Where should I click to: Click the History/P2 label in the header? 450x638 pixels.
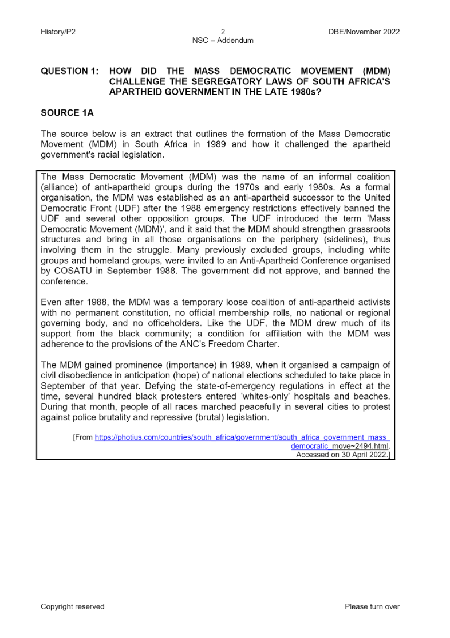[x=58, y=32]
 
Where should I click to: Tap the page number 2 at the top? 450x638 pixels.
[x=223, y=32]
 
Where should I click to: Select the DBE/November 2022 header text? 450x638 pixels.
[x=364, y=32]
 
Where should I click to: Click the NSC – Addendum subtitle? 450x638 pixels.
[x=223, y=40]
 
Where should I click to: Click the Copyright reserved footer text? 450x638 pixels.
[x=72, y=606]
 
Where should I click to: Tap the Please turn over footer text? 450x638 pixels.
[x=372, y=606]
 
